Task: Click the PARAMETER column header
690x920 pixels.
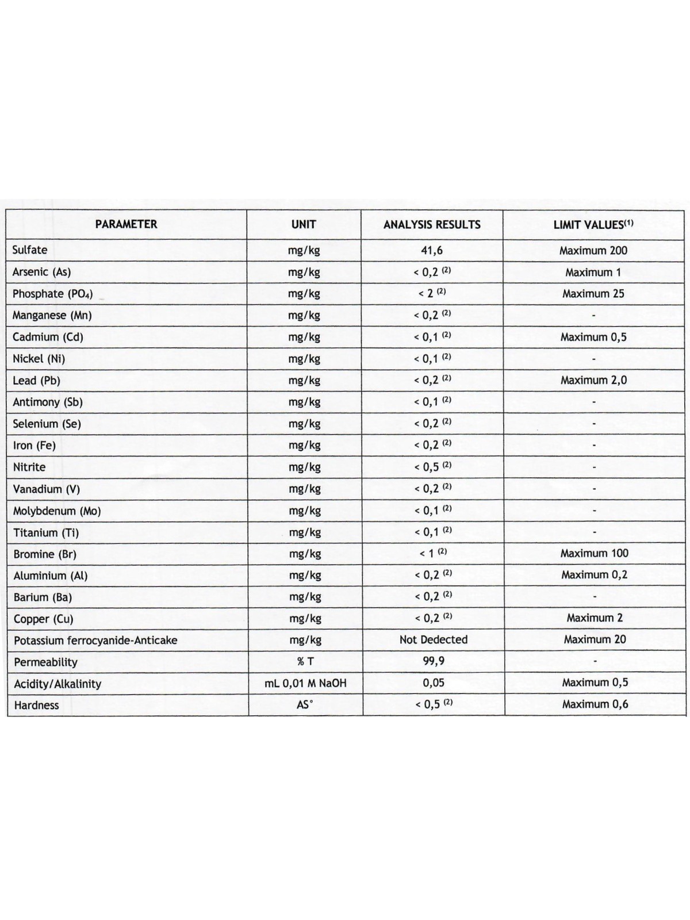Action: (126, 224)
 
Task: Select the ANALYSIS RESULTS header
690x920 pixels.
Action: (432, 225)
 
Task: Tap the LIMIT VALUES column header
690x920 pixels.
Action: (593, 225)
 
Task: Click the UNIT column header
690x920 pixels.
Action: (304, 224)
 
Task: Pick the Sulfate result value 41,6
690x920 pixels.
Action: (432, 251)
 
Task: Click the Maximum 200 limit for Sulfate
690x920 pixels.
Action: (593, 251)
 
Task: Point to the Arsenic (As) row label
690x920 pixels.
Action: (41, 272)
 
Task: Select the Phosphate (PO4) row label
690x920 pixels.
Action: (52, 294)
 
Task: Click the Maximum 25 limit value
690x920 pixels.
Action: (593, 294)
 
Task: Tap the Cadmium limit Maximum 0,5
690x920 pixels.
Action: (593, 337)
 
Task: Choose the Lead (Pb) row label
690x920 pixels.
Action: (36, 381)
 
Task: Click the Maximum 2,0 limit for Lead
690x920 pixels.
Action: (593, 380)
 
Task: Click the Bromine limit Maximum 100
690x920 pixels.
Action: (594, 553)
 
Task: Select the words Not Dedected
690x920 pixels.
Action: (434, 639)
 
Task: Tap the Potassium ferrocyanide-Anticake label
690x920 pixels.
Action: (95, 641)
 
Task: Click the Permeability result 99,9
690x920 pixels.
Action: (434, 661)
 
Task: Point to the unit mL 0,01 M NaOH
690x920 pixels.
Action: (305, 683)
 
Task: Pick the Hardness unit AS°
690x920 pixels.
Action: (305, 704)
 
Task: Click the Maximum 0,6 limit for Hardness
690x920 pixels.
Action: (595, 704)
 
